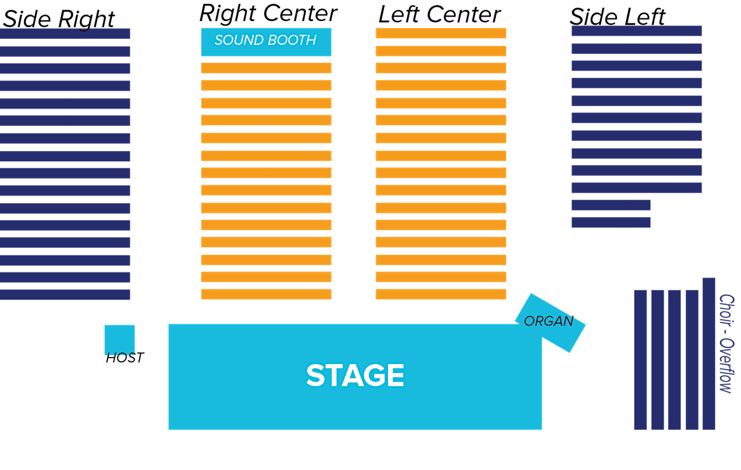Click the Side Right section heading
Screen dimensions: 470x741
pos(58,19)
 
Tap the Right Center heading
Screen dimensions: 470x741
pos(268,13)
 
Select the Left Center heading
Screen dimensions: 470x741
pos(439,15)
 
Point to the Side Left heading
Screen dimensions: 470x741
pos(617,17)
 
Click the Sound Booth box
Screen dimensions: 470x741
pos(266,41)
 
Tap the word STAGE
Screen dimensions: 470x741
pos(355,375)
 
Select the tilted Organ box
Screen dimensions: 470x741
pos(550,322)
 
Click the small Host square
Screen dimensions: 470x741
pos(119,339)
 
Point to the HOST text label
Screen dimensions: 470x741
pos(124,358)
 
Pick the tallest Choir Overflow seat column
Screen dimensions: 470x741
pos(709,353)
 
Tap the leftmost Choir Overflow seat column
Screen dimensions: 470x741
pos(640,359)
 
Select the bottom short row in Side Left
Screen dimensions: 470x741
pos(611,222)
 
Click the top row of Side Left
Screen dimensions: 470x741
pos(636,31)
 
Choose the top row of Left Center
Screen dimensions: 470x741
pos(441,34)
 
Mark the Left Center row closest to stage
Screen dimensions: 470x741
pos(441,294)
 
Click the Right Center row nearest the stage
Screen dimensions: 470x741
pos(266,294)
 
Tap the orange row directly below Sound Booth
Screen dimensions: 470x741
pos(266,68)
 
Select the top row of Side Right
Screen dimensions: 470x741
pos(65,34)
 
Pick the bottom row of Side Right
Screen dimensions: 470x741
pos(65,295)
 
